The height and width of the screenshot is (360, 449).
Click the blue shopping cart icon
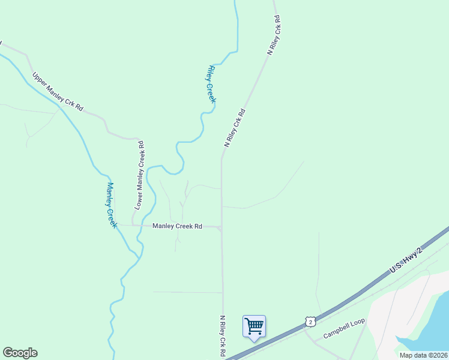254,326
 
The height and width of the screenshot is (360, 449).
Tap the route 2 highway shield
309,322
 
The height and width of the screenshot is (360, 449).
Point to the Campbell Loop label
344,328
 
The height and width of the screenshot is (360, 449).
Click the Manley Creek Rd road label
177,226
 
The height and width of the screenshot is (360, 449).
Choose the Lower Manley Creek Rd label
140,175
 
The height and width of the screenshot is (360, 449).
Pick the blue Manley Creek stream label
111,205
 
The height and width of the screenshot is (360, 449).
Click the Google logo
20,353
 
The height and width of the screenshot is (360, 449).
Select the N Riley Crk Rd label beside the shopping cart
222,337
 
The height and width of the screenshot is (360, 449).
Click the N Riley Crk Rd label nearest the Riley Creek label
235,128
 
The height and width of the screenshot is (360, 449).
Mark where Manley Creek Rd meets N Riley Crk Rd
221,228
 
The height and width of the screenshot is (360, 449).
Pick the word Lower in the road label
139,200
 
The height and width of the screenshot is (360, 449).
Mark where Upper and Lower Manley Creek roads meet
139,139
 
